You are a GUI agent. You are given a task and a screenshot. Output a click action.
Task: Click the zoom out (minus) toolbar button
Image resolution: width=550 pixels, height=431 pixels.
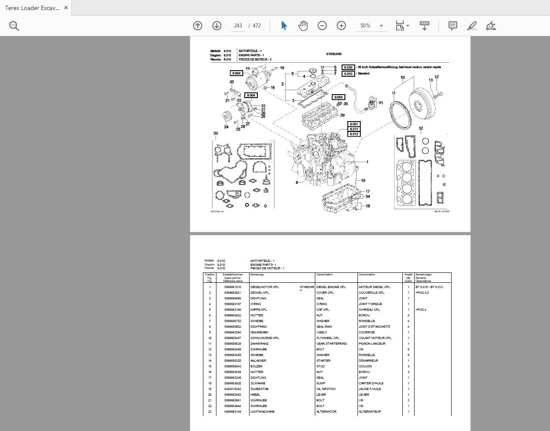pos(322,26)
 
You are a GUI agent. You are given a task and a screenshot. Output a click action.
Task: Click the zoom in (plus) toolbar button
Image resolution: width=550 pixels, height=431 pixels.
pos(341,26)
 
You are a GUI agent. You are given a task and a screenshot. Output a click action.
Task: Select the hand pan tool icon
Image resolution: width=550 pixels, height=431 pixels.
pos(303,26)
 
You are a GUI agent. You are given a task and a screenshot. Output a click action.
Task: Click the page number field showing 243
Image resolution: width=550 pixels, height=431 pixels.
pos(238,26)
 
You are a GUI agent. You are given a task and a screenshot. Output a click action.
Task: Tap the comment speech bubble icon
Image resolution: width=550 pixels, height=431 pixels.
pos(453,26)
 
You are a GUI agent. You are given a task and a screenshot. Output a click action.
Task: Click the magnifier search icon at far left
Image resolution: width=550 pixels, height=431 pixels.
pos(14,26)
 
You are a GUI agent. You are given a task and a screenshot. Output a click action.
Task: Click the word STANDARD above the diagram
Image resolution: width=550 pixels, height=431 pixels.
pos(334,54)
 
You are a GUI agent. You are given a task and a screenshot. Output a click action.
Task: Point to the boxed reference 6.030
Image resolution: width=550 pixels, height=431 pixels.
pos(348,68)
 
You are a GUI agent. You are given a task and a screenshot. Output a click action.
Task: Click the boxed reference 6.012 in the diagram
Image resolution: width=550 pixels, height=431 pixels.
pos(354,134)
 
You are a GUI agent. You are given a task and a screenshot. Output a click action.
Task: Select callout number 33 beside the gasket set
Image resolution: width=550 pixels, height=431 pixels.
pos(216,133)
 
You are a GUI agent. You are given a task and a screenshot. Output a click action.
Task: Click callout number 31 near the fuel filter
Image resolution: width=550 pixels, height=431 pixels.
pos(381,103)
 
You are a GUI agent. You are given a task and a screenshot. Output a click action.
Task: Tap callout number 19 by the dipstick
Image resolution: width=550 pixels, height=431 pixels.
pos(363,180)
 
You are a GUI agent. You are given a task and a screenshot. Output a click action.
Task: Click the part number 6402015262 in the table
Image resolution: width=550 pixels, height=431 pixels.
pos(233,389)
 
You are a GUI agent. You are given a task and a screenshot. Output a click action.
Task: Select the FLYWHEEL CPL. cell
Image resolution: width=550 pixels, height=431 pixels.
pos(328,338)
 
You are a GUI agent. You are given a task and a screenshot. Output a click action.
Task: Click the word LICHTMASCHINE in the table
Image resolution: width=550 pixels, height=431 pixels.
pos(262,411)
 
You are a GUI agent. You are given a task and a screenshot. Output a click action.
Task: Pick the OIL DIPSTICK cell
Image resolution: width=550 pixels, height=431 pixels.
pos(326,389)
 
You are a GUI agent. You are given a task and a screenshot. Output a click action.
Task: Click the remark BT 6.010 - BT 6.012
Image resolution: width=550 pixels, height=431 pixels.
pos(429,287)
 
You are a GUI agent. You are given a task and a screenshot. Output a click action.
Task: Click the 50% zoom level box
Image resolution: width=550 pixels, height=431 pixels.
pos(365,26)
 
